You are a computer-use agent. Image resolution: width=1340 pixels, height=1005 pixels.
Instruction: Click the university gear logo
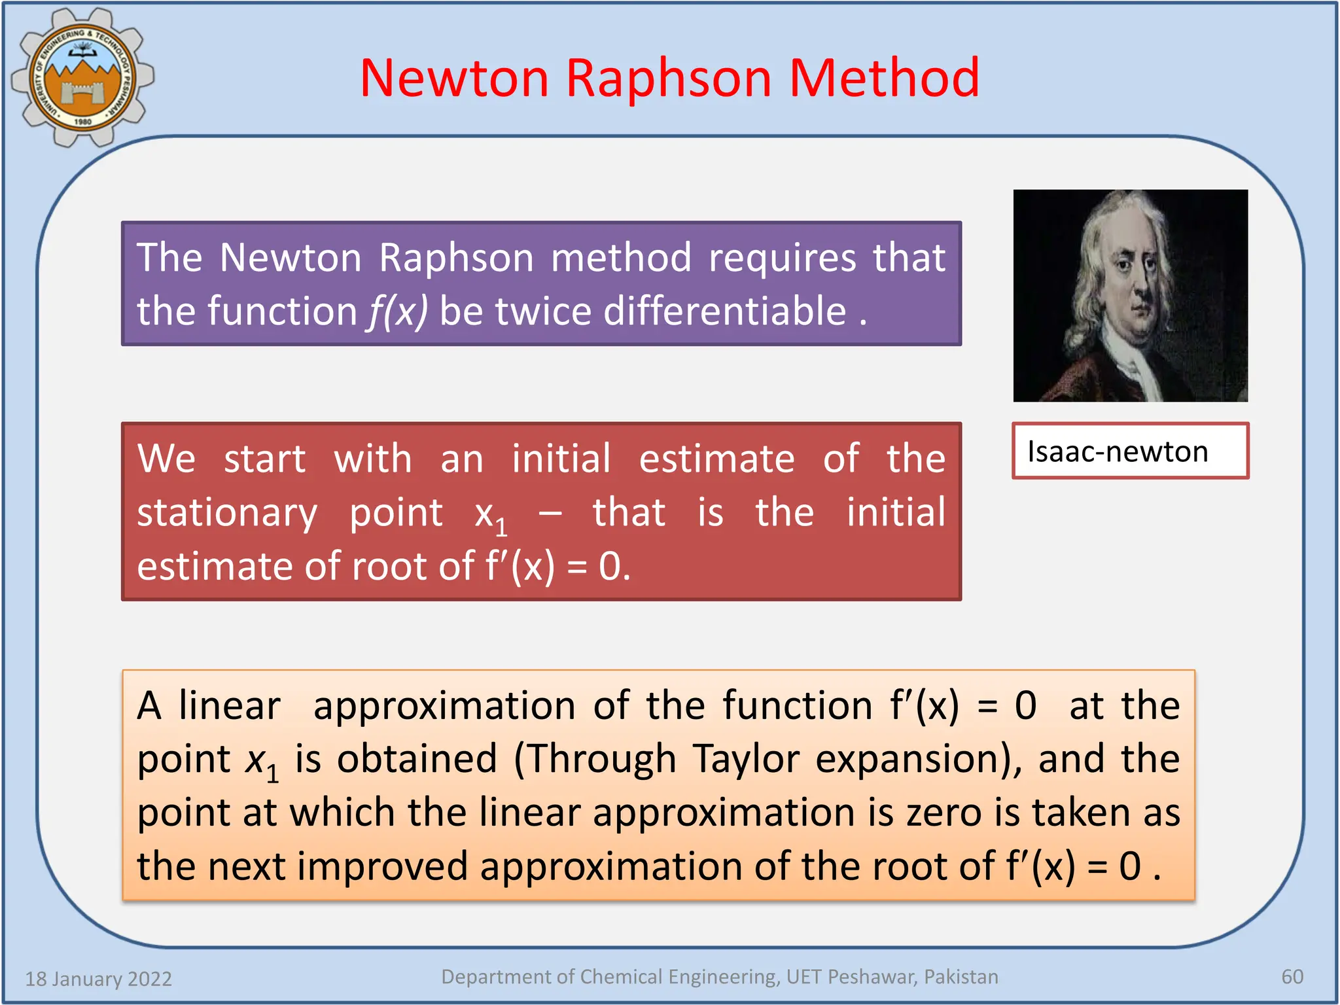(x=82, y=77)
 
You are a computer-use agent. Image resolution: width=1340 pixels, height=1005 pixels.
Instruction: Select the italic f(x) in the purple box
(x=397, y=311)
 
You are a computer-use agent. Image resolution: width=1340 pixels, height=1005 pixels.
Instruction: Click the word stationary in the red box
(x=226, y=514)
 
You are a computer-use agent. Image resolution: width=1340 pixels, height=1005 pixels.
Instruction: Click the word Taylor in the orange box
(x=746, y=759)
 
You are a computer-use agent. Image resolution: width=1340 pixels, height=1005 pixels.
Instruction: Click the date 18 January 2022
(x=98, y=979)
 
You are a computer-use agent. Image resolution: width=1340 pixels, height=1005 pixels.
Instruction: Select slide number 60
(x=1292, y=977)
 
